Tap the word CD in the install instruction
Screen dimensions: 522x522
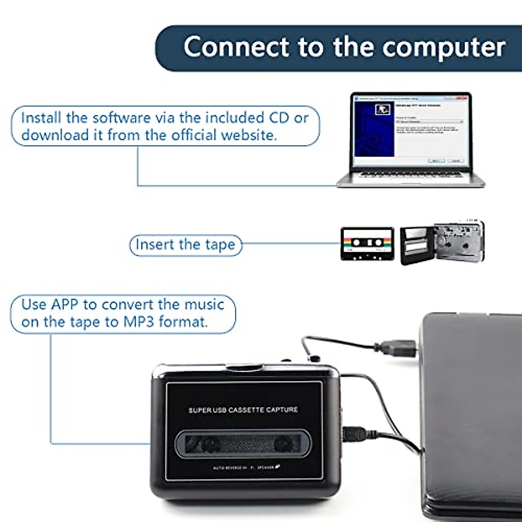point(279,118)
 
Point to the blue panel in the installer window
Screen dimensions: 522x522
point(374,130)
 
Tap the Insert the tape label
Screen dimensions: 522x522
point(185,245)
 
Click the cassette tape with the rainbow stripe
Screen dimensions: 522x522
point(367,244)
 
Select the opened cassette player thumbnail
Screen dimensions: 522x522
point(442,243)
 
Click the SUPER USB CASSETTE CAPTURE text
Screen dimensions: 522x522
point(243,410)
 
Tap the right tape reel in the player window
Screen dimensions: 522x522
point(282,444)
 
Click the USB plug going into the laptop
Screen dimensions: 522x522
point(398,348)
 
